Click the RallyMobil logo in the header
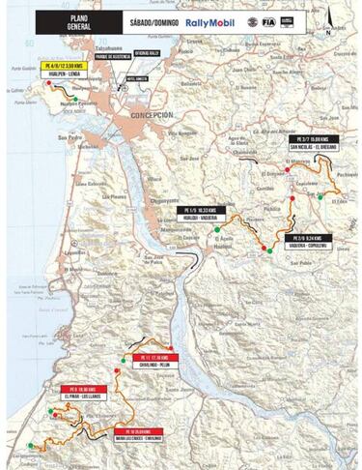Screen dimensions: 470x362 point(209,21)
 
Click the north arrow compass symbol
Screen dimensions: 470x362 point(328,19)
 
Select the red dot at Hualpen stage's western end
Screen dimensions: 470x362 point(45,84)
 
